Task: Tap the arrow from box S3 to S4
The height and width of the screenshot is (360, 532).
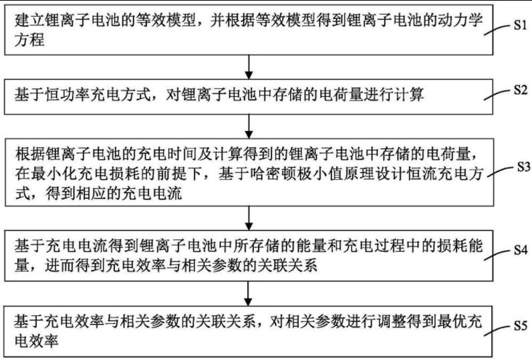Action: [x=249, y=213]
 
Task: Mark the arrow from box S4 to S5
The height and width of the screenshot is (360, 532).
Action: [x=249, y=289]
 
